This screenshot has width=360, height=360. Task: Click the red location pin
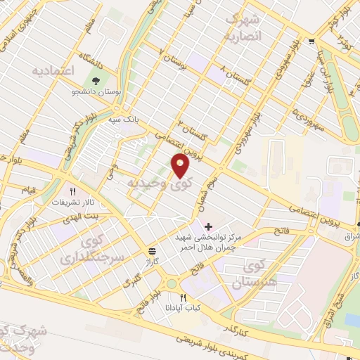[x=181, y=165]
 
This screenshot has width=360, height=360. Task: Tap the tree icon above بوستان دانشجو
[x=94, y=80]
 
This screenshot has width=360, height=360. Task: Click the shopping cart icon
[x=311, y=41]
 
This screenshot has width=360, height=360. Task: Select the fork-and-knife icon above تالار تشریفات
[x=72, y=191]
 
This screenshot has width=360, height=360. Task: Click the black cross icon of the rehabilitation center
[x=208, y=226]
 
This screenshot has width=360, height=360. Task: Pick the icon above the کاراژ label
[x=153, y=250]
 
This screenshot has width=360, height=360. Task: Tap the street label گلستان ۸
[x=231, y=70]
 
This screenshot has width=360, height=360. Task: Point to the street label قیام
[x=28, y=189]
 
